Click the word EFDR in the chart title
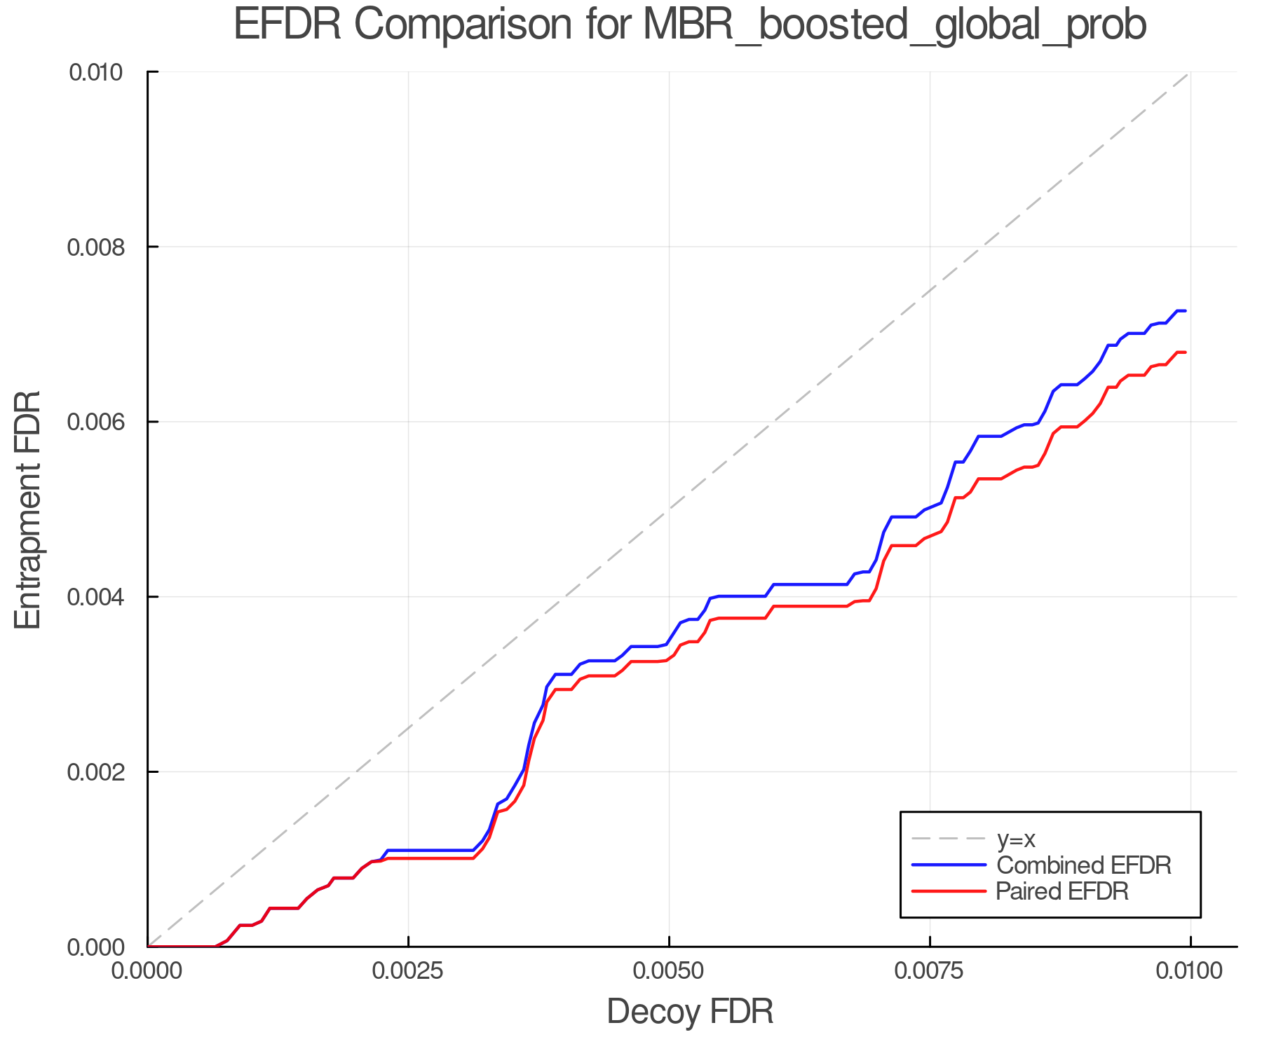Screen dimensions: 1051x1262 tap(287, 25)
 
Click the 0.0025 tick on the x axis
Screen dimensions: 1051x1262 tap(408, 971)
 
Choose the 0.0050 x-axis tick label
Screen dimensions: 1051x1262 tap(669, 971)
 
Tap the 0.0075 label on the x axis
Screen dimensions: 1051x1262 tap(930, 971)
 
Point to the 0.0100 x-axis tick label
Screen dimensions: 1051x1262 tap(1190, 971)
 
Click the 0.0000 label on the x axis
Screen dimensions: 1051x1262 tap(148, 971)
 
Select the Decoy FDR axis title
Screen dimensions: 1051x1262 tap(690, 1012)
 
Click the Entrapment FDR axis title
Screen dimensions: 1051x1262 tap(28, 509)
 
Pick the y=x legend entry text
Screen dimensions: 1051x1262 tap(1017, 839)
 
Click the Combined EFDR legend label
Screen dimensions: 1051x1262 tap(1084, 865)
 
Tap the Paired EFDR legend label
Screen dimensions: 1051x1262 tap(1062, 891)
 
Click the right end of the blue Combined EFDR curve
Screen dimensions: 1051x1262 tap(1185, 310)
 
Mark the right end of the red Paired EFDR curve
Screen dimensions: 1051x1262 tap(1185, 352)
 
